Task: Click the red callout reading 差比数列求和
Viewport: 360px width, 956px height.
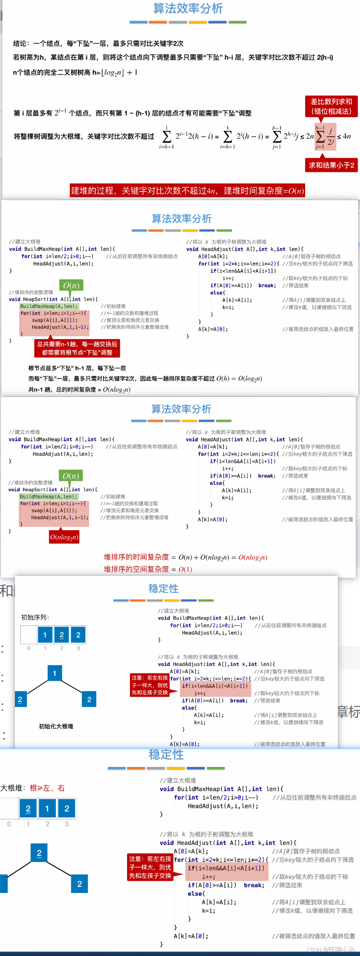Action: pos(331,106)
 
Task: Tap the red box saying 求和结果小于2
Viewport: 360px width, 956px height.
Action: pos(331,165)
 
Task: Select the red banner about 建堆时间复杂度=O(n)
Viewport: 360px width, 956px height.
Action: pos(187,191)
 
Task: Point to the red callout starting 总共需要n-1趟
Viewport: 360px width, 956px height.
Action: pos(77,348)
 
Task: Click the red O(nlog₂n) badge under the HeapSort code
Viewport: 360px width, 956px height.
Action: pos(64,537)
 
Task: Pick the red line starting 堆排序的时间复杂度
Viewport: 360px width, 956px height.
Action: pos(185,557)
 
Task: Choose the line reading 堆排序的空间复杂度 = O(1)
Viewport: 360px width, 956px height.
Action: pos(148,569)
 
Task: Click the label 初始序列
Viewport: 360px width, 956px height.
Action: pos(35,617)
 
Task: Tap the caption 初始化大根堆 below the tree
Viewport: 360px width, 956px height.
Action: pos(56,726)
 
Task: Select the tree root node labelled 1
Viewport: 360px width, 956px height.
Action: pos(54,673)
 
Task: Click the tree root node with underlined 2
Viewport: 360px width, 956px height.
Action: pos(39,853)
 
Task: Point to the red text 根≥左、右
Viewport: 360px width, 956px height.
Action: pos(47,788)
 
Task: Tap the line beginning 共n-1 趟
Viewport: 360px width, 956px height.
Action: pos(79,389)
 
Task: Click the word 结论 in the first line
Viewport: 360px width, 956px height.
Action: pos(20,43)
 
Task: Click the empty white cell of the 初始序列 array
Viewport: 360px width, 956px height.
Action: pos(29,635)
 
